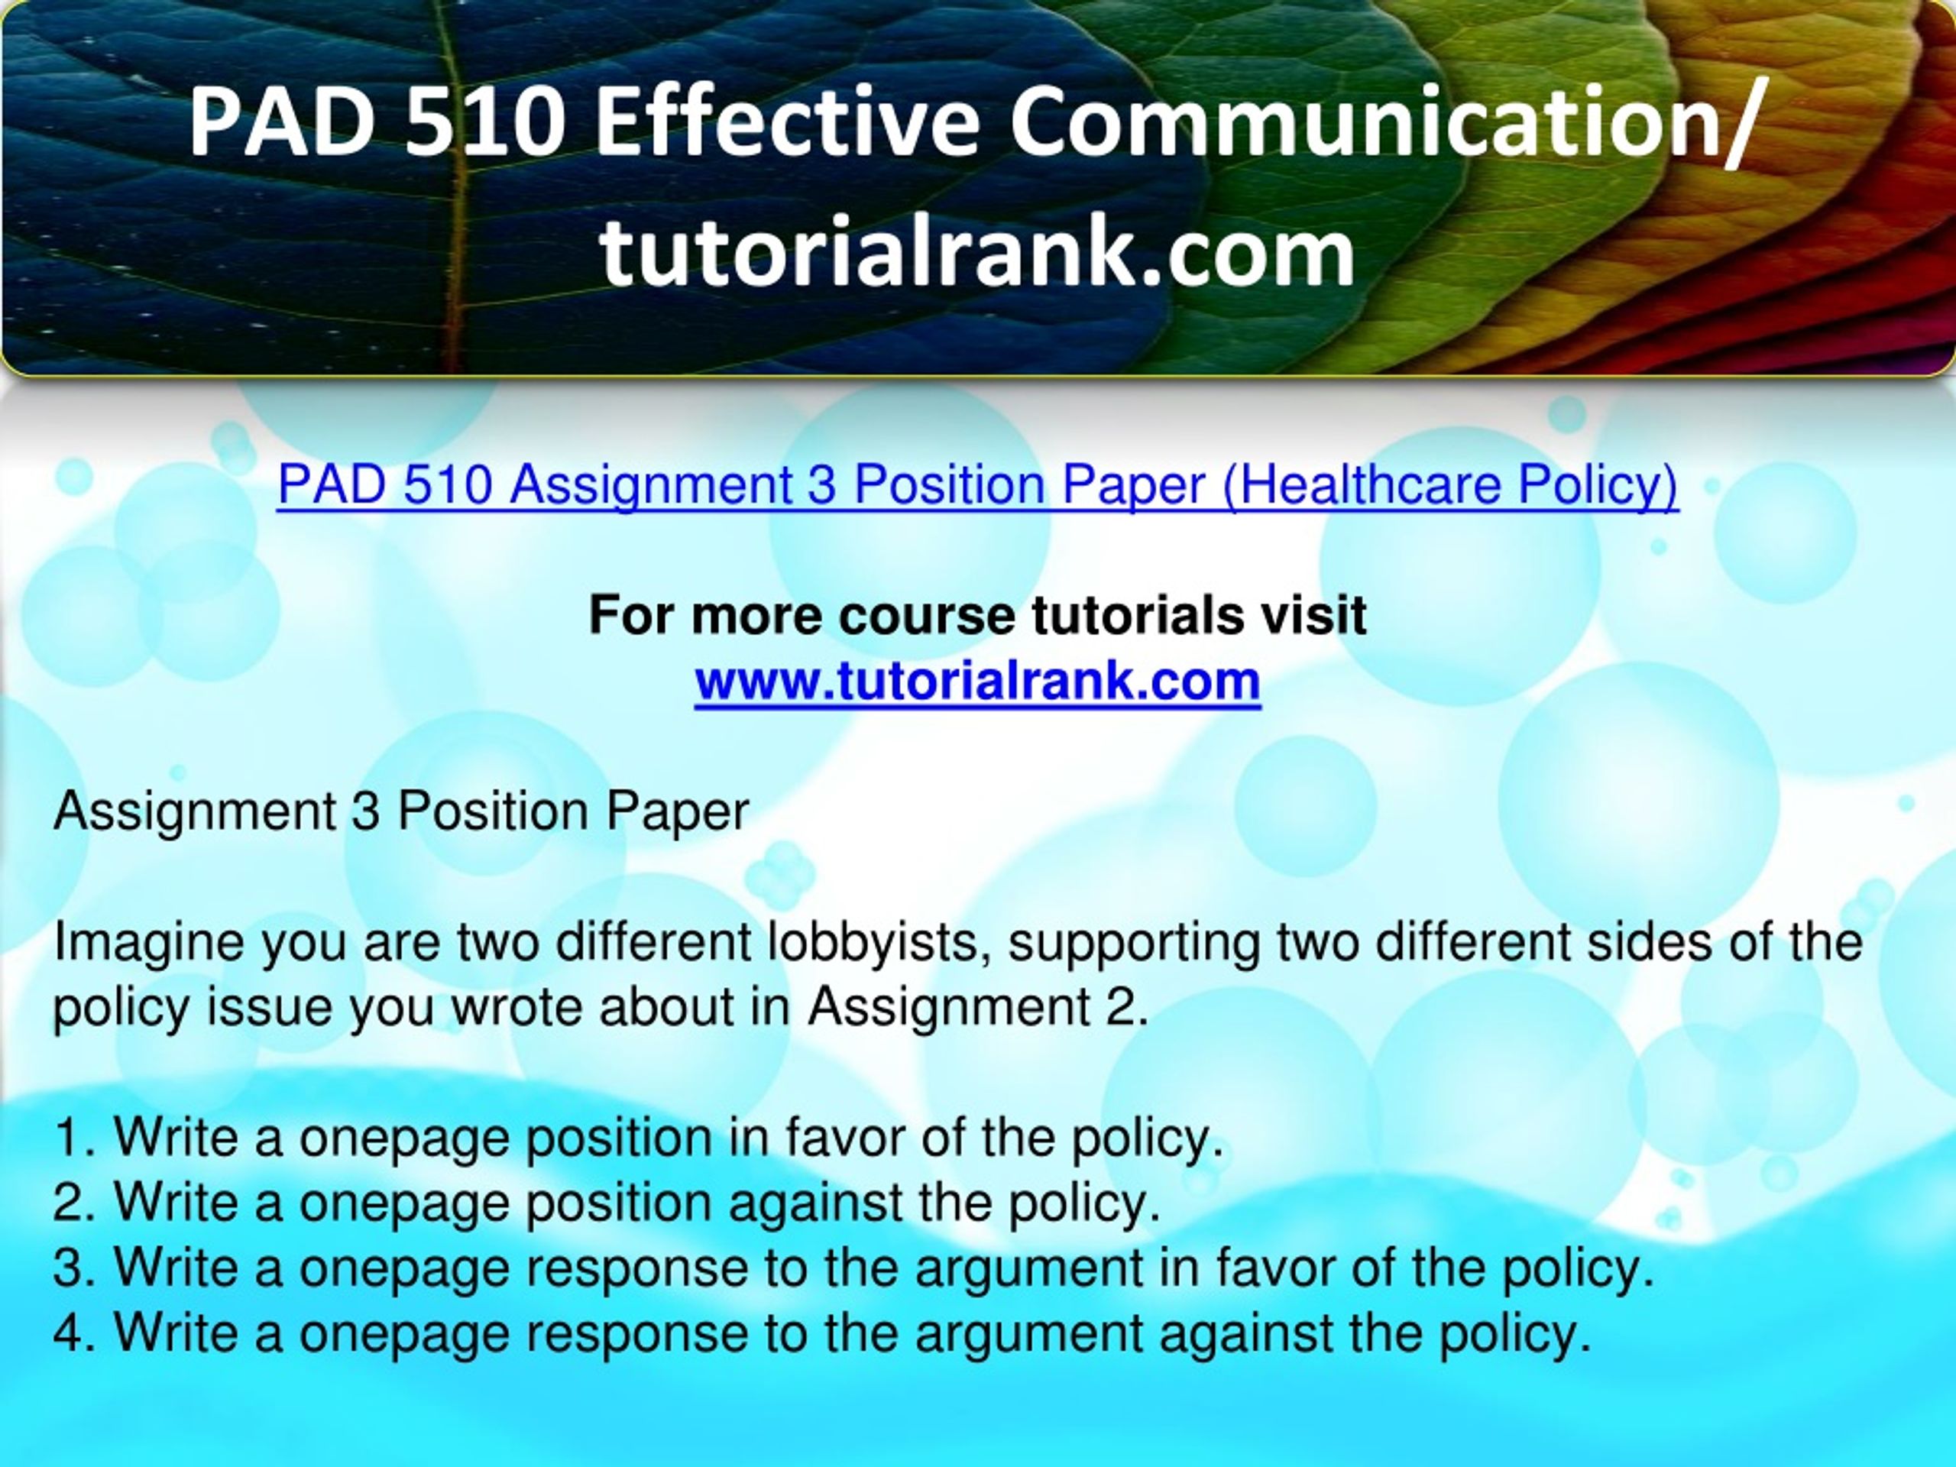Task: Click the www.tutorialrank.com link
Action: [x=977, y=681]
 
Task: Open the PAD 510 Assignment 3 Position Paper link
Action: [x=977, y=485]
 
